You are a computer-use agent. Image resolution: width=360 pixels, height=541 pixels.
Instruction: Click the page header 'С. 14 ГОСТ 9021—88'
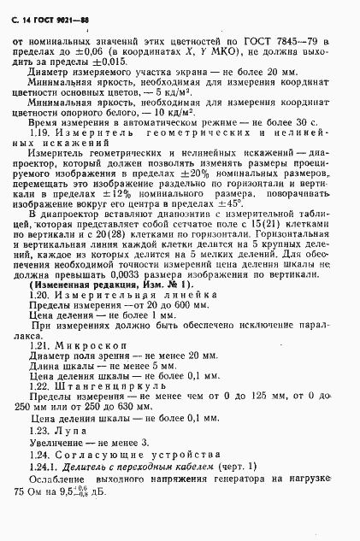click(x=60, y=17)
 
